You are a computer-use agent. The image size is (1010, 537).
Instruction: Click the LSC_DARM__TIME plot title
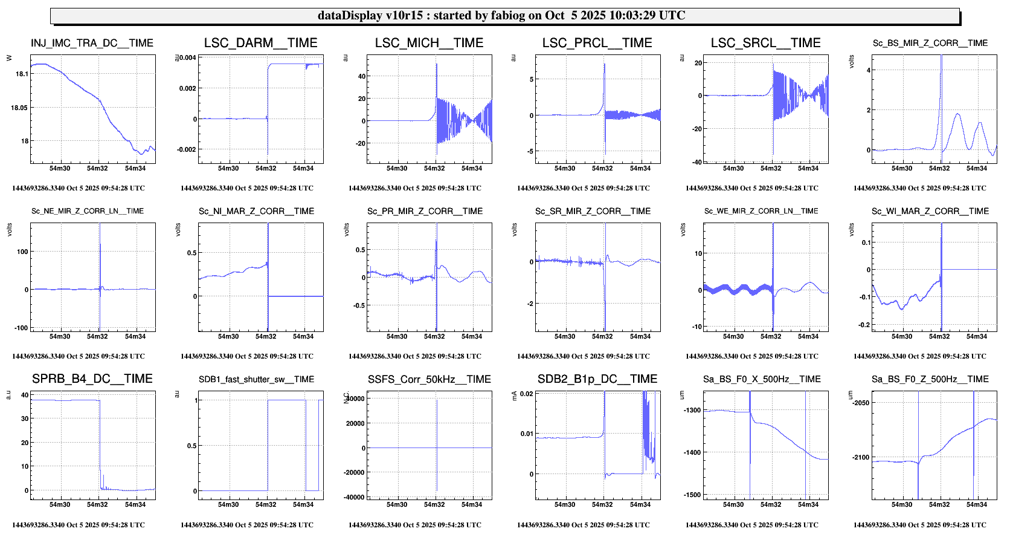click(260, 43)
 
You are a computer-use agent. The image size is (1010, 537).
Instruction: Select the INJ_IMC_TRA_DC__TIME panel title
click(92, 43)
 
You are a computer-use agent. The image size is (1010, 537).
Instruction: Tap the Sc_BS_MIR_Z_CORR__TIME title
click(930, 43)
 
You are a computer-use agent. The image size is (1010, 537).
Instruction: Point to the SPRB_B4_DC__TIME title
click(92, 379)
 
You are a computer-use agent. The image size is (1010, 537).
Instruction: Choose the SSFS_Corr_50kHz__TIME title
click(429, 379)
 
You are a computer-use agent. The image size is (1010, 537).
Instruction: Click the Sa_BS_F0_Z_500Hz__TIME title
click(930, 379)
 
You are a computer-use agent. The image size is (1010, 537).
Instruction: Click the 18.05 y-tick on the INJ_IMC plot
click(19, 108)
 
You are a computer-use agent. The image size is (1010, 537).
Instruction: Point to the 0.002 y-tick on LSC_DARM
click(187, 88)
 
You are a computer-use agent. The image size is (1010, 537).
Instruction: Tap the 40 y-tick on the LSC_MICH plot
click(362, 76)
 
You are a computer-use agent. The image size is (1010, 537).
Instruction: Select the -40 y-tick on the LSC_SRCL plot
click(697, 162)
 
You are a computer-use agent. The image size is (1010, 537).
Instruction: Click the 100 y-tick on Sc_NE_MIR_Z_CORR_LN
click(22, 252)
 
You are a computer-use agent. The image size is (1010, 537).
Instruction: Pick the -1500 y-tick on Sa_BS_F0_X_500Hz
click(692, 495)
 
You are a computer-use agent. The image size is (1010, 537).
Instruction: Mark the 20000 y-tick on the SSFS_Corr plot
click(355, 423)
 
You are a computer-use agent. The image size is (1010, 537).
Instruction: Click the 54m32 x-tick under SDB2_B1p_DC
click(602, 504)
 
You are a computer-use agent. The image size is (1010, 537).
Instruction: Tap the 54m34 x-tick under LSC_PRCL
click(640, 168)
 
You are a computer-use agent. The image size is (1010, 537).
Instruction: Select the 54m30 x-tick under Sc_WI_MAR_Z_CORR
click(901, 336)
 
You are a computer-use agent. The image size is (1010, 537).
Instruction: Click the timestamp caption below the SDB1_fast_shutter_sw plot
click(246, 525)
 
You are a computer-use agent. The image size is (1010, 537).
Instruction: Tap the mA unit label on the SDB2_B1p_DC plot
click(514, 395)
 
